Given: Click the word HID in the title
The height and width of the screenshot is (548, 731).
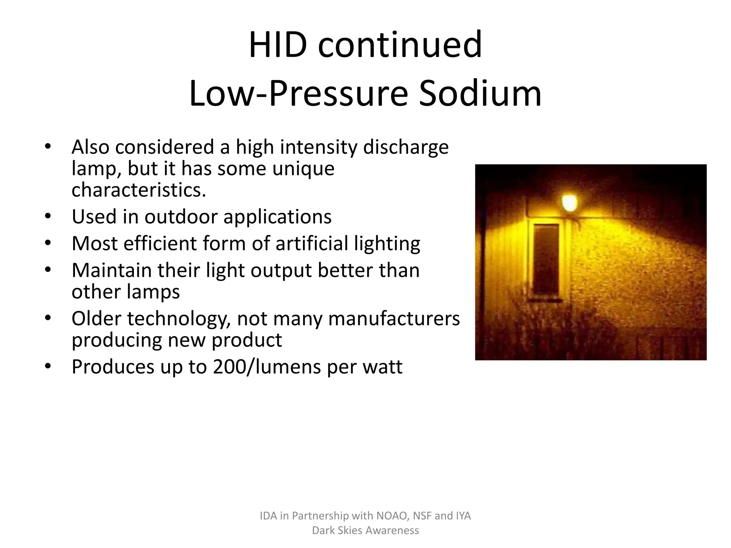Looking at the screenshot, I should coord(278,45).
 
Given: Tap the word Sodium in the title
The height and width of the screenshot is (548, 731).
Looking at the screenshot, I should coord(480,94).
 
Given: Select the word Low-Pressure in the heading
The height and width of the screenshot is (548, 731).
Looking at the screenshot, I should coord(298,94).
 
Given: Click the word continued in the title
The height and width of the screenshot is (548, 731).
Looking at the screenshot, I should coord(400,45).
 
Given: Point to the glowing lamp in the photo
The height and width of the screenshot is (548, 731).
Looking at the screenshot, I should coord(569,203).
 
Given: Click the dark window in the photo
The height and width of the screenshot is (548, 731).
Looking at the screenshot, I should coord(546,259).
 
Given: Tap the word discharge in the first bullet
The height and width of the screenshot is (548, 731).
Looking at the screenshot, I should coord(406,147).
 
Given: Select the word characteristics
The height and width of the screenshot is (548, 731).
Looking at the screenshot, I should coord(139,190).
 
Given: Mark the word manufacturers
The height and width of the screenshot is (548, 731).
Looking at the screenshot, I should coord(394,319).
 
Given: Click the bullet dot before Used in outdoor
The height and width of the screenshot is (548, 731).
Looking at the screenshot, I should coord(48,216).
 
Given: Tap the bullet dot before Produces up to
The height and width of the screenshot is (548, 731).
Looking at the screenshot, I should coord(48,366).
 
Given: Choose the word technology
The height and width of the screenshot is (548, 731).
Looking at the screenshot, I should coord(178,319).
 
